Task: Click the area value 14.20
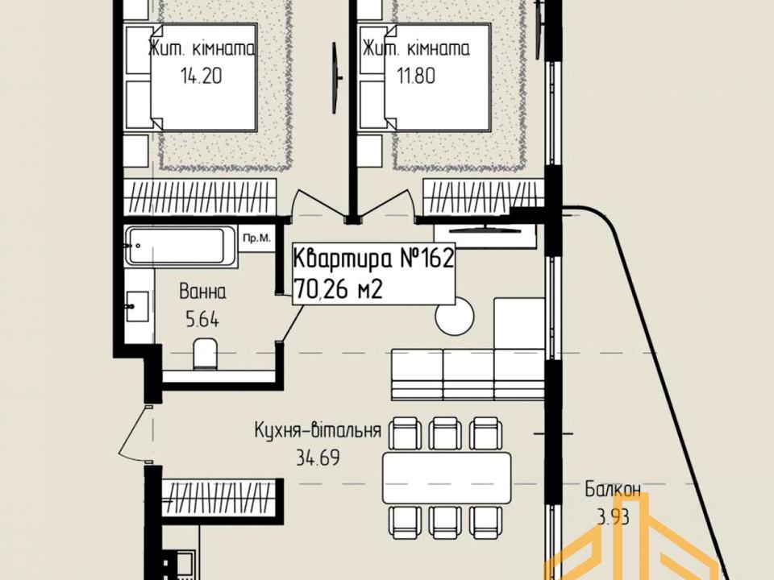click(x=202, y=76)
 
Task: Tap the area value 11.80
click(x=416, y=76)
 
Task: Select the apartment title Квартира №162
click(x=373, y=258)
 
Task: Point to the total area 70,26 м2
click(x=338, y=289)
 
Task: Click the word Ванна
click(x=203, y=292)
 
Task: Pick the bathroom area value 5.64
click(x=202, y=321)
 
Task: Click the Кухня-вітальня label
click(x=318, y=429)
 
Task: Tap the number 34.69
click(x=318, y=458)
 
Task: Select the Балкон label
click(x=613, y=489)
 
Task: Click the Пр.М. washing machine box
click(x=256, y=238)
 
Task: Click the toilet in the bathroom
click(x=205, y=353)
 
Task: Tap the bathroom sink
click(x=137, y=306)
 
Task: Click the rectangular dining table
click(x=447, y=478)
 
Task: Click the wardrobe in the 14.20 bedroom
click(x=199, y=198)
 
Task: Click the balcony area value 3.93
click(x=613, y=518)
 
